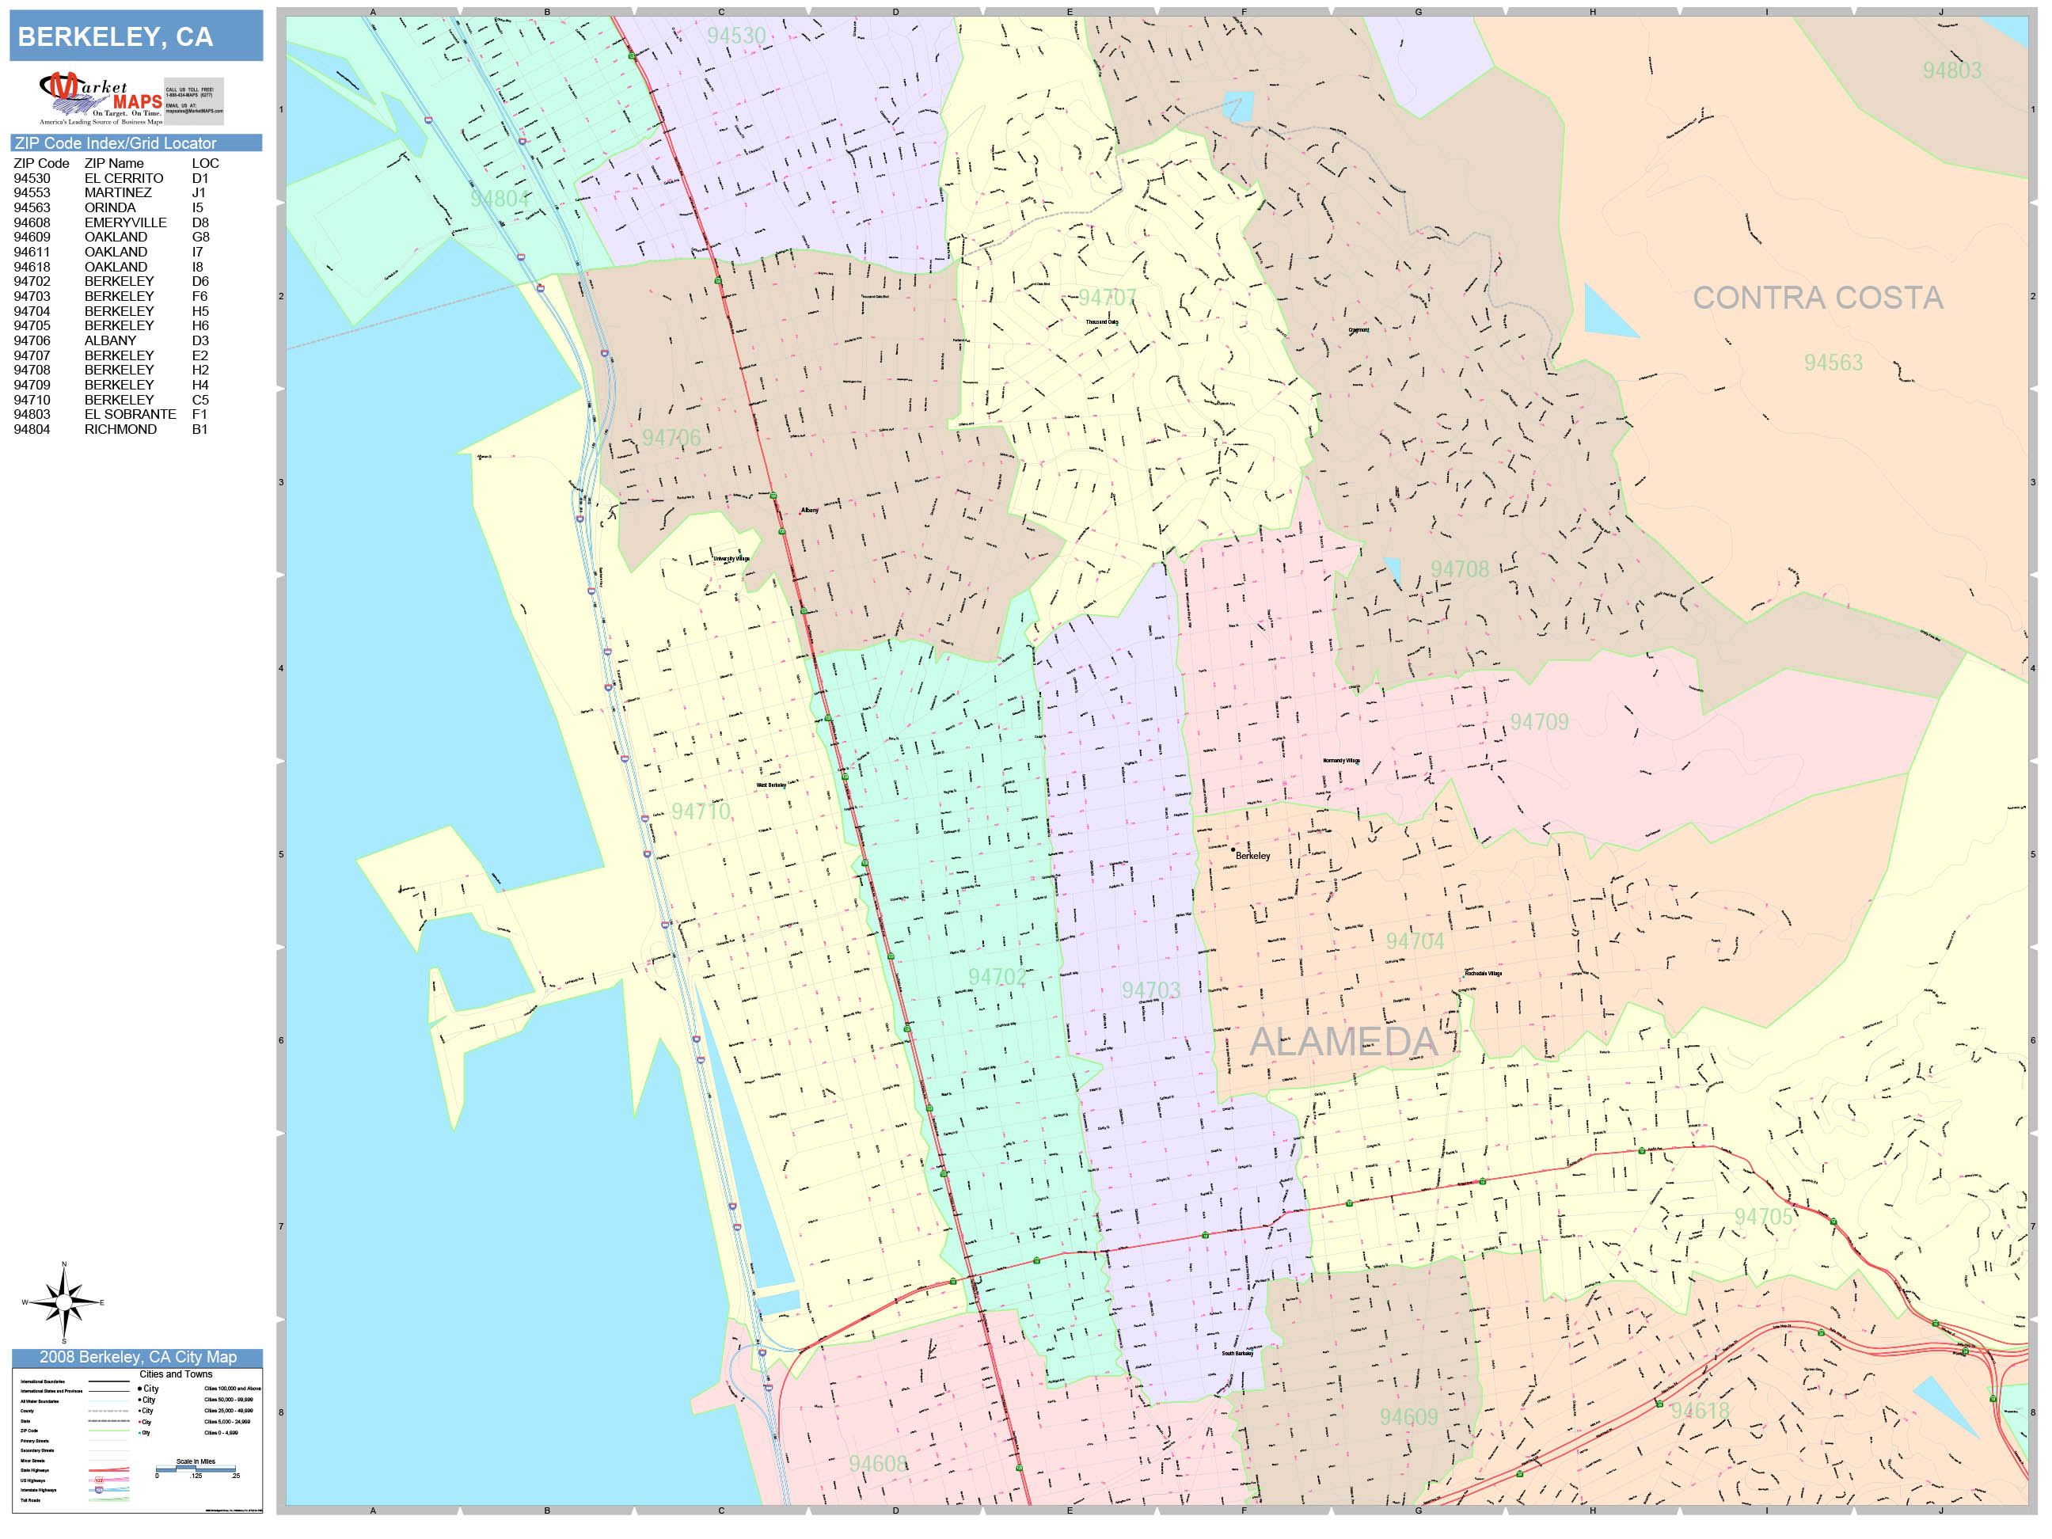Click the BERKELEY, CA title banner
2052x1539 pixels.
[135, 36]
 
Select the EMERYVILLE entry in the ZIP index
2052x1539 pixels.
[125, 222]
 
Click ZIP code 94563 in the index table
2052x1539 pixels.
[32, 207]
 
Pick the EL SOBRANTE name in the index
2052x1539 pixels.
[130, 415]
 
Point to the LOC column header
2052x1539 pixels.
[205, 163]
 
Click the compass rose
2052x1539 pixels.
[63, 1303]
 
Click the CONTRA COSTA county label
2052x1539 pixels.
[1816, 298]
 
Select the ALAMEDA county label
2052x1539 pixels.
[1343, 1042]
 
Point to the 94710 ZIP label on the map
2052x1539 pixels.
[701, 811]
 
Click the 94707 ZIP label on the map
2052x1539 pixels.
[1107, 298]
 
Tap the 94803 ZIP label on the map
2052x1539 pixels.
[1951, 70]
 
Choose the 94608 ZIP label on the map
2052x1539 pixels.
[878, 1464]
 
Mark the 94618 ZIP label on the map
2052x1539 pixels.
[1700, 1411]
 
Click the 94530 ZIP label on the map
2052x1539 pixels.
[735, 36]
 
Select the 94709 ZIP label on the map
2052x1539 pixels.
[1538, 722]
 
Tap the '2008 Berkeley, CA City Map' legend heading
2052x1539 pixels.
[137, 1357]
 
